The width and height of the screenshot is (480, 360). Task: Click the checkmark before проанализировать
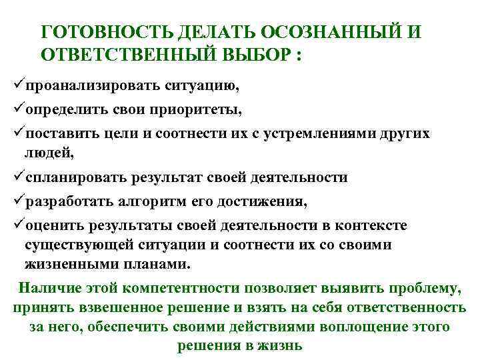(18, 86)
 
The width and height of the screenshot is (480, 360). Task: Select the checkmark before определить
(18, 109)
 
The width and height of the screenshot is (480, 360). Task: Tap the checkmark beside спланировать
(18, 177)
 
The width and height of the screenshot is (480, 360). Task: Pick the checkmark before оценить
(18, 225)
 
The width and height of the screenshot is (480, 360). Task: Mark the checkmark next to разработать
(18, 201)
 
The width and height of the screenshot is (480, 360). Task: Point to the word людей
(49, 153)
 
